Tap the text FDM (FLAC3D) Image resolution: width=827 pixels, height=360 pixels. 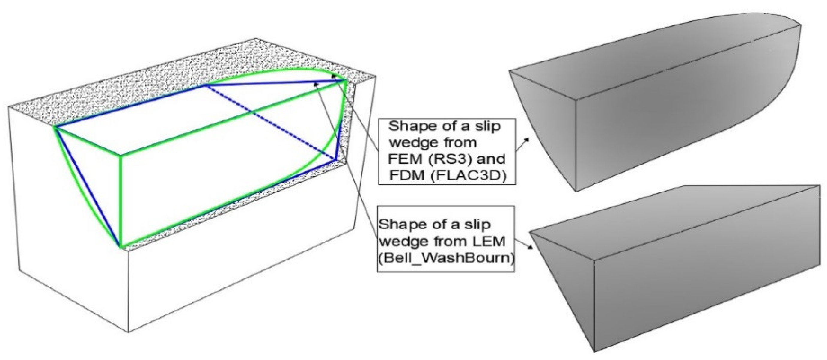(448, 176)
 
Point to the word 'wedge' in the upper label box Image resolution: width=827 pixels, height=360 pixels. (410, 142)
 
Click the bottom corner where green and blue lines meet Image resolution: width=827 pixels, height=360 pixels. (121, 246)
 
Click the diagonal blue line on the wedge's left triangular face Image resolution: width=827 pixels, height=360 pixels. (88, 186)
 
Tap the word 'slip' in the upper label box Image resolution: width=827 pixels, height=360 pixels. (488, 126)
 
